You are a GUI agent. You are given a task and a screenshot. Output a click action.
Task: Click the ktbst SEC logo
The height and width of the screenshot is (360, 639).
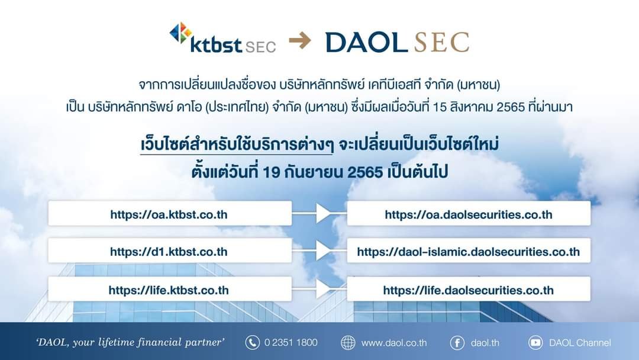tap(222, 38)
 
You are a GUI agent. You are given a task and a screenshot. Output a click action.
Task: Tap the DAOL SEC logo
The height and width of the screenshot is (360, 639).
tap(398, 42)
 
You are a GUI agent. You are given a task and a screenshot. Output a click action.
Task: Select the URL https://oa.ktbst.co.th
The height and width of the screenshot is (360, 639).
tap(169, 214)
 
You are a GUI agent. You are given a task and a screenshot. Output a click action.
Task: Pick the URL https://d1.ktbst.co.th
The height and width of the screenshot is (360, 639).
tap(169, 252)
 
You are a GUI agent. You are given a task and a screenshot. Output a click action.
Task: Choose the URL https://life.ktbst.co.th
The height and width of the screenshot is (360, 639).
tap(169, 290)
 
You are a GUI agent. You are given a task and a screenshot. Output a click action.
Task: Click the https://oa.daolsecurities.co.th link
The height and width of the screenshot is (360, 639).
tap(469, 214)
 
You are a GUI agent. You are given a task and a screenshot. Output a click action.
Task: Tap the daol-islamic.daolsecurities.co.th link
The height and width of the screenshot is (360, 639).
tap(469, 252)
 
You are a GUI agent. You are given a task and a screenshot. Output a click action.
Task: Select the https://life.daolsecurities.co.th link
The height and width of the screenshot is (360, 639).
tap(469, 290)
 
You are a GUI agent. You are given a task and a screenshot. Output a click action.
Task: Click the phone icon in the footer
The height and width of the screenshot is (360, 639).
tap(252, 342)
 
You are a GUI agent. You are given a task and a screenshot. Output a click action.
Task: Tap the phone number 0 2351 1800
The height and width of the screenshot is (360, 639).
tap(291, 342)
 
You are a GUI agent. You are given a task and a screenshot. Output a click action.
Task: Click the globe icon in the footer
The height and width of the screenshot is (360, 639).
tap(348, 342)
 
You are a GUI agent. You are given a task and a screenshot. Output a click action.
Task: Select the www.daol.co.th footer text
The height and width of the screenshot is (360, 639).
tap(394, 343)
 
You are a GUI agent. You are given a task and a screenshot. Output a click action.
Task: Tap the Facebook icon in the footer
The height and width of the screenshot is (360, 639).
tap(457, 342)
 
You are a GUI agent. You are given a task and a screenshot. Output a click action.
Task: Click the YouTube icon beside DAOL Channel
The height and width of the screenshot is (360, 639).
tap(535, 342)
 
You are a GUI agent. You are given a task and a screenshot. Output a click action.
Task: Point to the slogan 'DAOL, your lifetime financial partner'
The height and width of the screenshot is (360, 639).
tap(130, 342)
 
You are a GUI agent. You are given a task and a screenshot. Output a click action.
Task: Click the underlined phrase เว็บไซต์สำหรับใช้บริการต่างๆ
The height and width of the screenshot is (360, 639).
tap(237, 145)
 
